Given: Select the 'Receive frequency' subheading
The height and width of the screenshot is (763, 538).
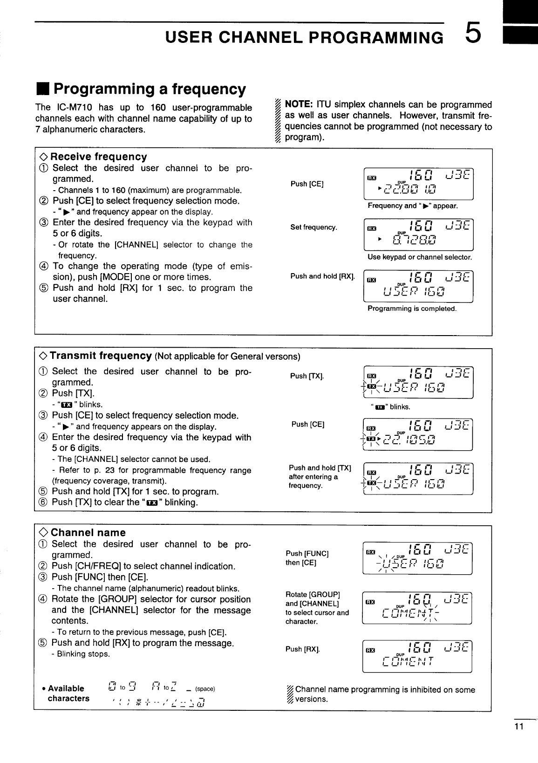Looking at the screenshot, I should [x=98, y=157].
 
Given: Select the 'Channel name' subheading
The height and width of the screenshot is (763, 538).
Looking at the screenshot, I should [x=88, y=533].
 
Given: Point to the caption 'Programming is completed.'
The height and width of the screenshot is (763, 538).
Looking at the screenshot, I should [x=412, y=309].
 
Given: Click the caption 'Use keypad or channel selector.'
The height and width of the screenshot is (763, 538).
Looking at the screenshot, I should [x=420, y=257].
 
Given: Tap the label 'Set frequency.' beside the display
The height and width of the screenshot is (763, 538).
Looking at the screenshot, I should [x=313, y=227].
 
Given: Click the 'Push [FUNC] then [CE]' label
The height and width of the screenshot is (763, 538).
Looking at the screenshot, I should [x=307, y=558].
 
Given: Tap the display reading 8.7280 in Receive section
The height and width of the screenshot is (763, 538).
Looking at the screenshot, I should [x=417, y=235].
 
